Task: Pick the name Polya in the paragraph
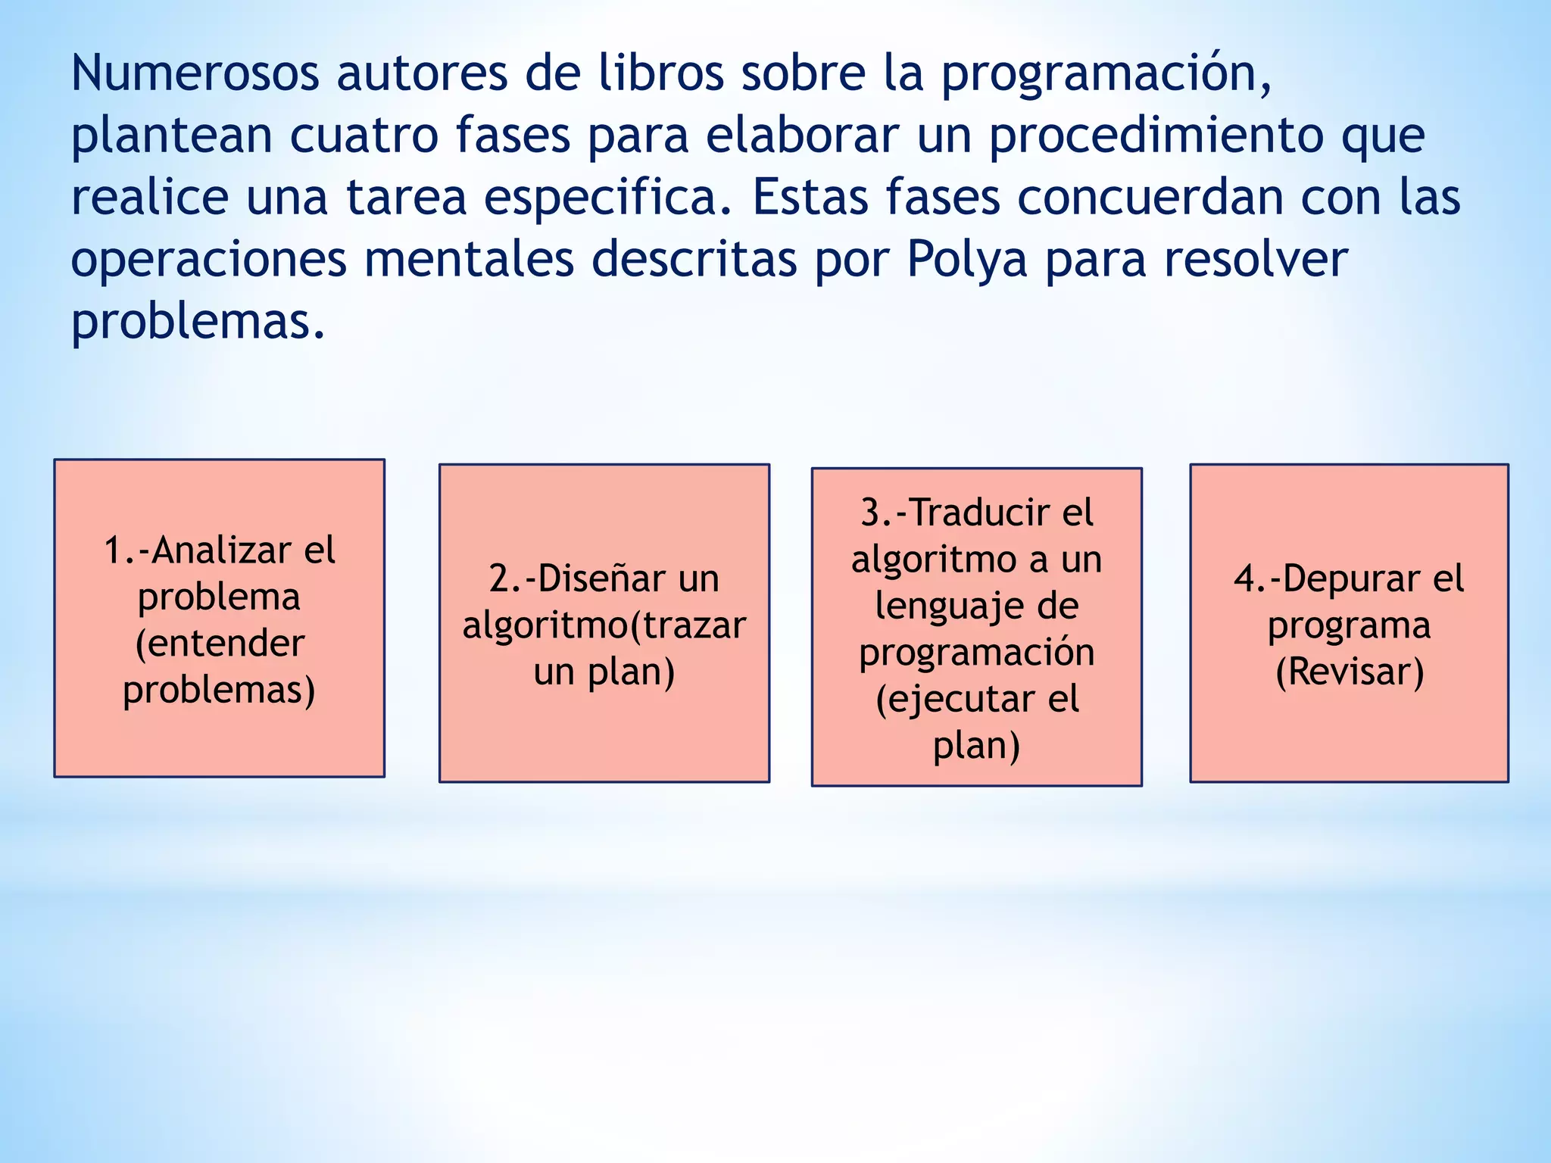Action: pyautogui.click(x=967, y=260)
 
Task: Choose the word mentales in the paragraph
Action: pyautogui.click(x=469, y=260)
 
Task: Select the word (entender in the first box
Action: pyautogui.click(x=220, y=644)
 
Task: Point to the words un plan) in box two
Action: pyautogui.click(x=604, y=672)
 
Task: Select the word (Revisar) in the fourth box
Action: pyautogui.click(x=1350, y=672)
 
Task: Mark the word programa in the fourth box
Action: pyautogui.click(x=1350, y=626)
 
